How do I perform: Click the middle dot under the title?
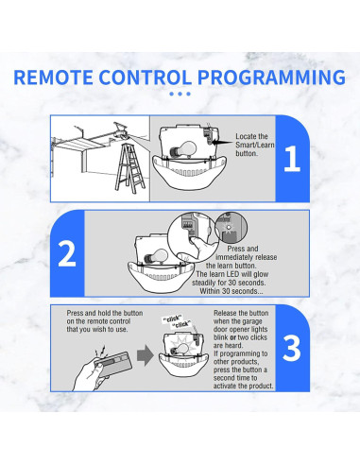[x=180, y=94]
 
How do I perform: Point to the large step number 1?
[x=292, y=157]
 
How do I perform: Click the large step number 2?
[x=66, y=254]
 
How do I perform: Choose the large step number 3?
[x=292, y=348]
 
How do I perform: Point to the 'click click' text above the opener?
[x=177, y=322]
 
